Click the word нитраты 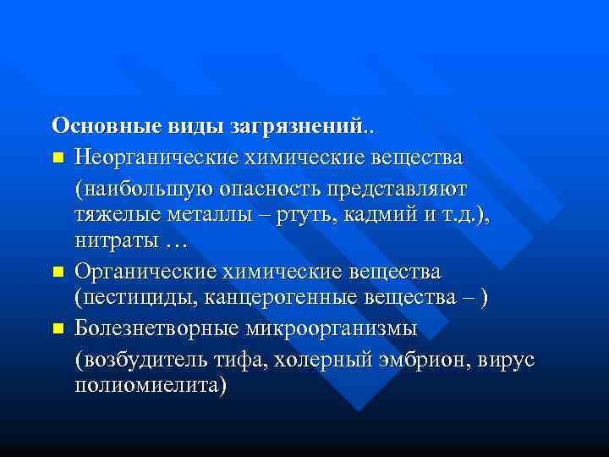pyautogui.click(x=116, y=243)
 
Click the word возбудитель pyautogui.click(x=137, y=358)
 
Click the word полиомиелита pyautogui.click(x=150, y=387)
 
